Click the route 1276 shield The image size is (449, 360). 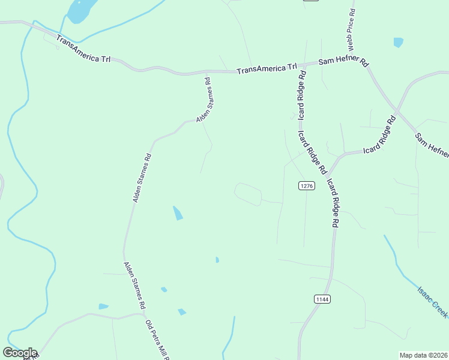[x=306, y=186]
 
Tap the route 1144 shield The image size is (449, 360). [x=322, y=299]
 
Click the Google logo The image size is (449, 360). [x=20, y=353]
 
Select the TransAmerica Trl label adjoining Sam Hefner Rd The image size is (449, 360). [x=267, y=69]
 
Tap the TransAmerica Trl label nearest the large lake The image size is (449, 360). [x=83, y=49]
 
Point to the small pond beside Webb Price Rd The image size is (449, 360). [x=398, y=42]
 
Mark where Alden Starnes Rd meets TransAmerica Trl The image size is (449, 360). [x=208, y=73]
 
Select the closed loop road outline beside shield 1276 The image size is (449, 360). [x=248, y=194]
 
